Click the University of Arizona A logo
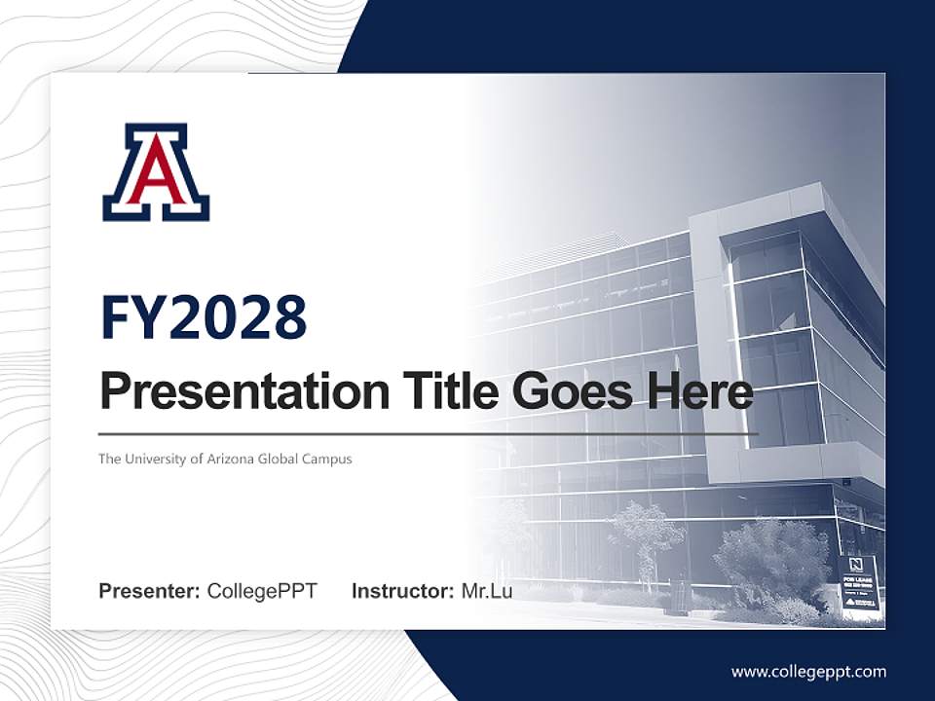pyautogui.click(x=156, y=172)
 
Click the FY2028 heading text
pyautogui.click(x=203, y=317)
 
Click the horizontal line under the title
pyautogui.click(x=429, y=433)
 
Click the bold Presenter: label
pyautogui.click(x=150, y=591)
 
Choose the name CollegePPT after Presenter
pyautogui.click(x=262, y=591)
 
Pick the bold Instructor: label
pyautogui.click(x=402, y=591)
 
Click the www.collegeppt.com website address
pyautogui.click(x=808, y=672)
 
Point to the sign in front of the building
pyautogui.click(x=859, y=583)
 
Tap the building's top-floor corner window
pyautogui.click(x=766, y=255)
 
